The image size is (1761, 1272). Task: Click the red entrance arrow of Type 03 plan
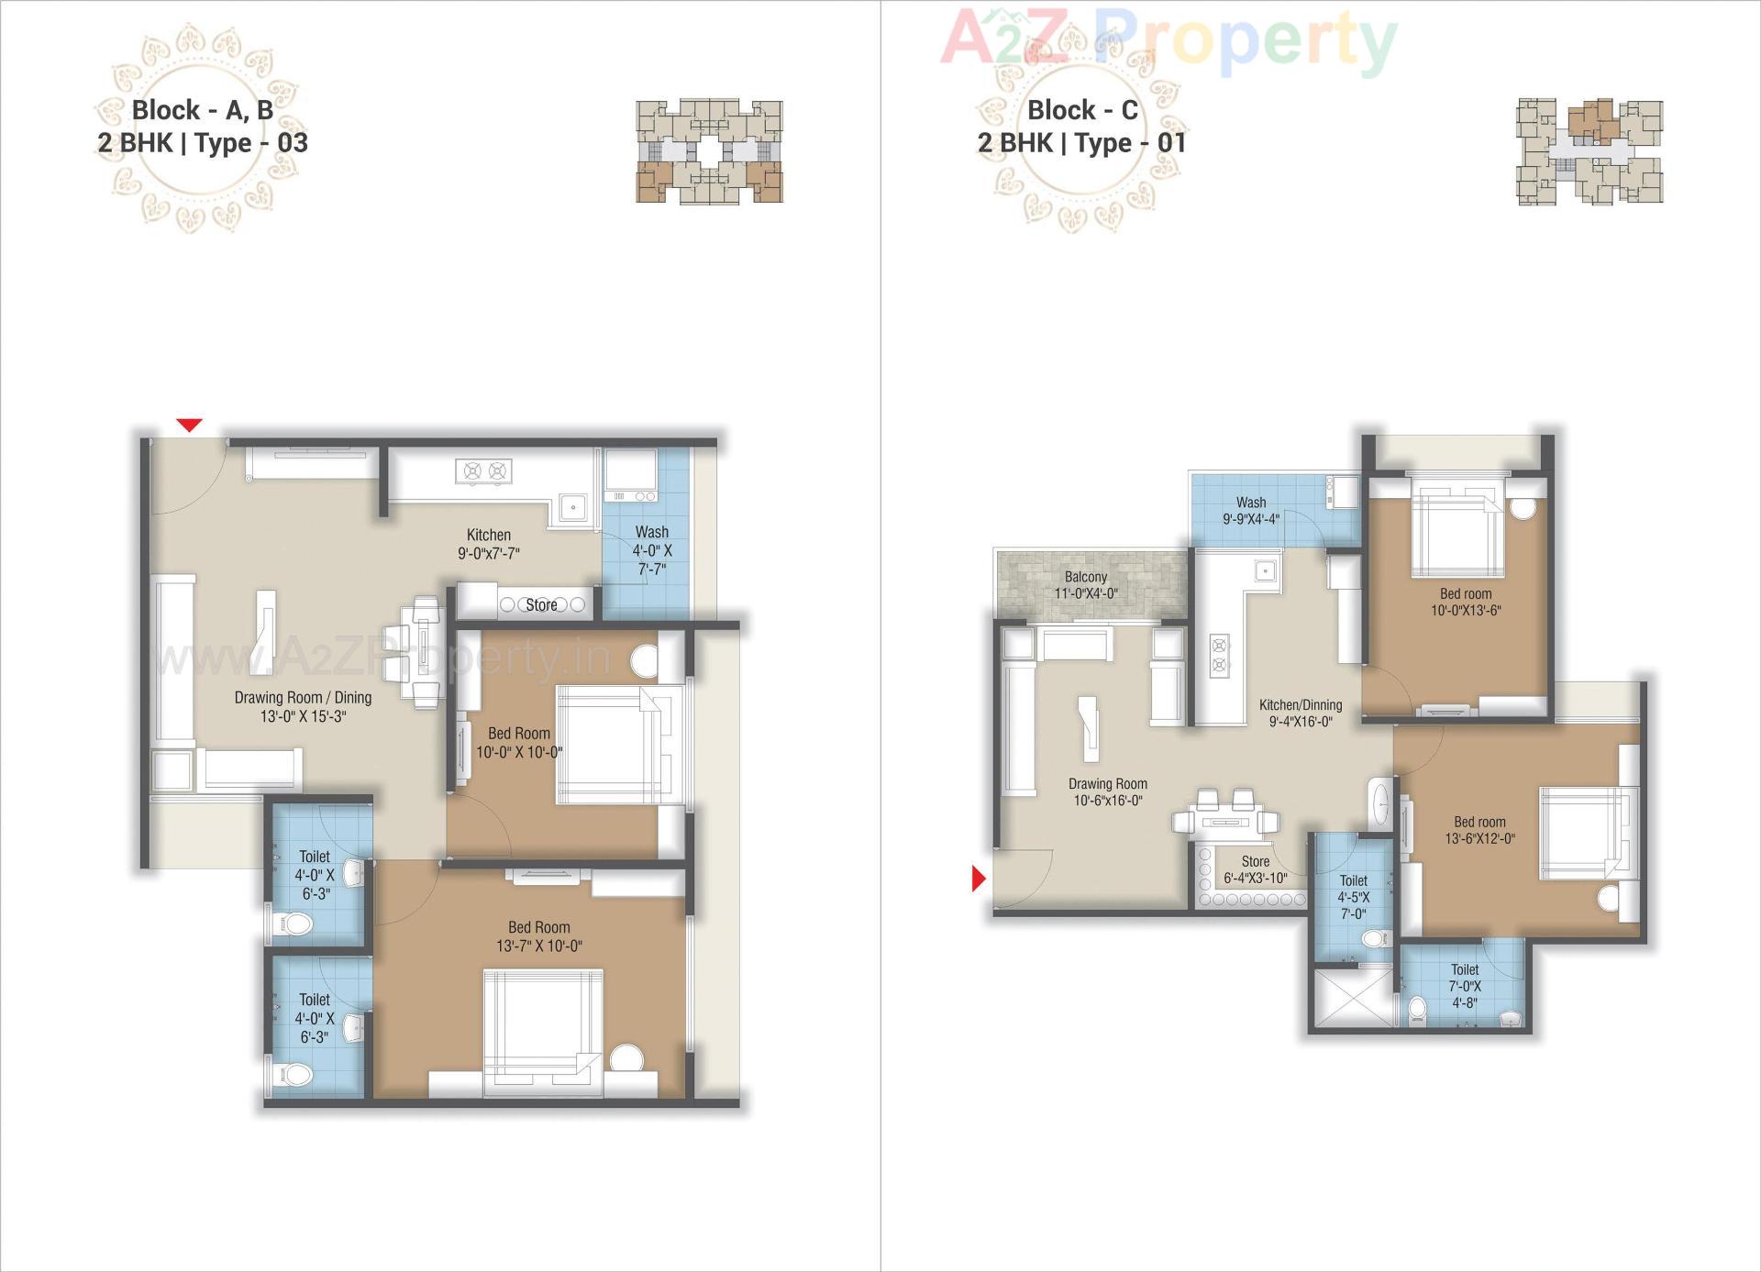click(189, 425)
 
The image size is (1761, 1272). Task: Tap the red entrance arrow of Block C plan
click(978, 879)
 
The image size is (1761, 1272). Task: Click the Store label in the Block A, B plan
click(541, 605)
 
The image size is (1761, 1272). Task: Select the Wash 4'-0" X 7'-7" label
click(652, 550)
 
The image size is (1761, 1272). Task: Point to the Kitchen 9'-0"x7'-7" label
click(489, 544)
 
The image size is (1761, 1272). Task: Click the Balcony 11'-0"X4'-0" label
click(1086, 585)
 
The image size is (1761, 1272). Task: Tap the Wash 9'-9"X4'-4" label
click(1251, 511)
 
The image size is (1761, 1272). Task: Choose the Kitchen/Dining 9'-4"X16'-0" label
click(1301, 713)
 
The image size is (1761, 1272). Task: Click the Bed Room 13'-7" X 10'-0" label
click(539, 936)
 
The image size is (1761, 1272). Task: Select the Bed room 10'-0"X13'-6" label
click(1466, 602)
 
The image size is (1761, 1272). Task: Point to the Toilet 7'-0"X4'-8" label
click(1465, 986)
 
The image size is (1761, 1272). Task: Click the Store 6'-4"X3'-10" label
click(1256, 869)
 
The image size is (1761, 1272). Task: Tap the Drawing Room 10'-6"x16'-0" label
click(1108, 792)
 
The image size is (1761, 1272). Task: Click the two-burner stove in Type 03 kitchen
click(484, 471)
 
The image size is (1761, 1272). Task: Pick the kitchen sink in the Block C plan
click(1265, 571)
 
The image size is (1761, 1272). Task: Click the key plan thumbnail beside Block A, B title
click(709, 151)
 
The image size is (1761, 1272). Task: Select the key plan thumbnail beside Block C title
click(1589, 151)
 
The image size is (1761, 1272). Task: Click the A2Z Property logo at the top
click(1168, 40)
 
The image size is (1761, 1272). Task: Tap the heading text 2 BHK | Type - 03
click(203, 143)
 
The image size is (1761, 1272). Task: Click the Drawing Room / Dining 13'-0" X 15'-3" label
click(303, 707)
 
